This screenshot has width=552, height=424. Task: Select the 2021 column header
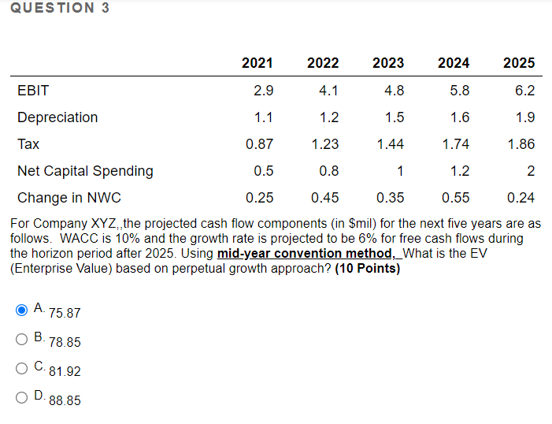[x=257, y=63]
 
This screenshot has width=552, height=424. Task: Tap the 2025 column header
[x=519, y=63]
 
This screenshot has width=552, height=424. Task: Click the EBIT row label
[x=33, y=91]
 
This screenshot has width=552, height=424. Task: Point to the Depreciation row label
[x=57, y=117]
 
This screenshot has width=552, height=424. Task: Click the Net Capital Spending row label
[x=85, y=171]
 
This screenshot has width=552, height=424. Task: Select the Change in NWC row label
[x=69, y=198]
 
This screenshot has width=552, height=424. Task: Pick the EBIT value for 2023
[x=394, y=91]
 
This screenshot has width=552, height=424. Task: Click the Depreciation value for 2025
[x=524, y=117]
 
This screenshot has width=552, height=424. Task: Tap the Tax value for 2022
[x=325, y=144]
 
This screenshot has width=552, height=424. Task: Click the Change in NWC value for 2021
[x=260, y=198]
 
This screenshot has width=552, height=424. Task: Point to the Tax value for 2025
[x=521, y=144]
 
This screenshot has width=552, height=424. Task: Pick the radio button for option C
[x=22, y=368]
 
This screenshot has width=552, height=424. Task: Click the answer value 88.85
[x=65, y=400]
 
